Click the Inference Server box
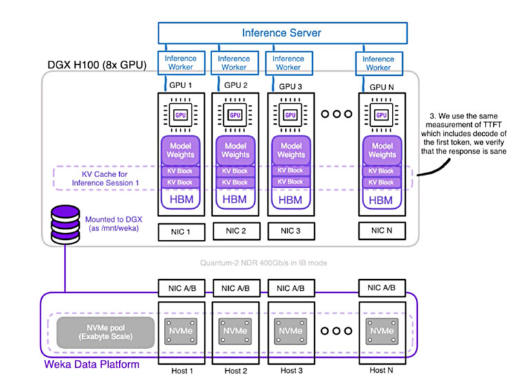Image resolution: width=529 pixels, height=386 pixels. point(281,33)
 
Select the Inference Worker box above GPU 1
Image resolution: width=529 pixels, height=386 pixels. point(179,63)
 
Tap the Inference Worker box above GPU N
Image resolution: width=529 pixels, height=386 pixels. point(378,63)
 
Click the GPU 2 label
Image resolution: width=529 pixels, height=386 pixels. point(235,87)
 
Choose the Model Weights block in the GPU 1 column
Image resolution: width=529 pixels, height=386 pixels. point(180,150)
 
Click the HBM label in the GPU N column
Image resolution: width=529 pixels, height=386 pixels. point(382,199)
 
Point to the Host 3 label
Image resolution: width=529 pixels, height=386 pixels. point(291,370)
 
